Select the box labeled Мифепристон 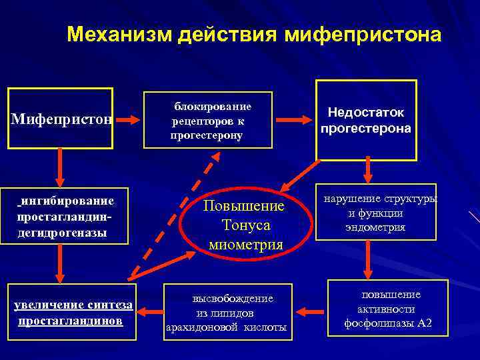point(61,119)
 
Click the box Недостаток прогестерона point(366,121)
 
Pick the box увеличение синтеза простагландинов point(72,312)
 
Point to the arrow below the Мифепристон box point(61,167)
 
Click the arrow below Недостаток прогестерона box point(367,172)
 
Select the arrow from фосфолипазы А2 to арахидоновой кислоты point(309,311)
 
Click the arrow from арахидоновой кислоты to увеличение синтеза point(151,311)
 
